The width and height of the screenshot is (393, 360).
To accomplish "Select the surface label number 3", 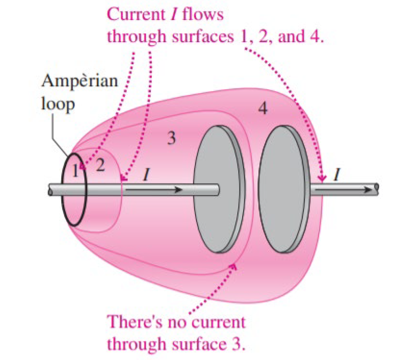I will coord(171,138).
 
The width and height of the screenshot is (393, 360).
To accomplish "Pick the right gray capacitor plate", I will coord(283,190).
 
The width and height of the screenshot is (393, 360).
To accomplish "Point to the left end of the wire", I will coord(50,190).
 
